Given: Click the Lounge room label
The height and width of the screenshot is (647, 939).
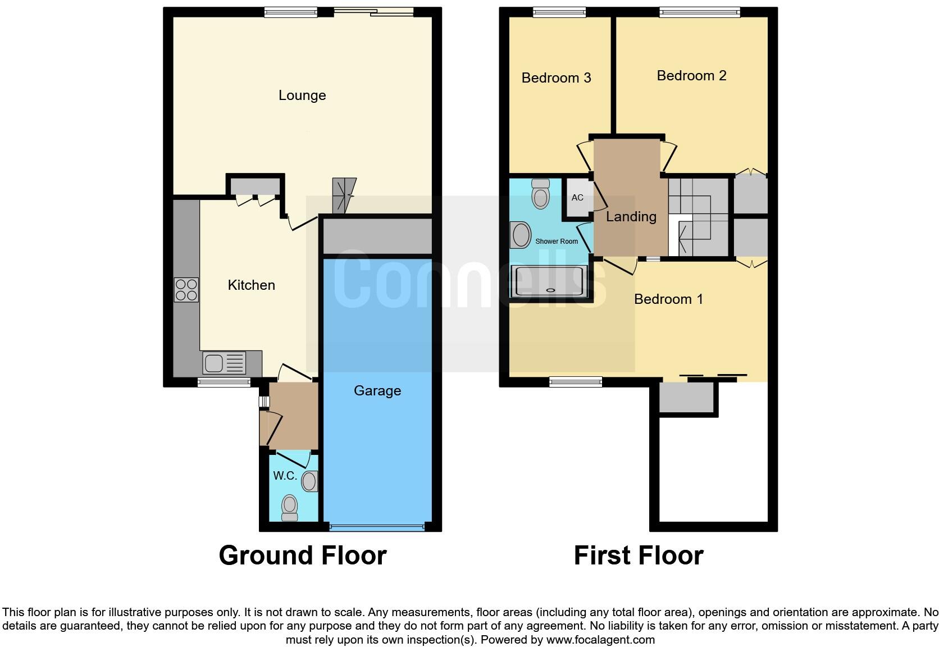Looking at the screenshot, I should (x=302, y=95).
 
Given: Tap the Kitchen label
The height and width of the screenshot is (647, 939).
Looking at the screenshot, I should (x=251, y=285).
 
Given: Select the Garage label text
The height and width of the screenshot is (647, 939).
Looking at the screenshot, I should (x=377, y=391).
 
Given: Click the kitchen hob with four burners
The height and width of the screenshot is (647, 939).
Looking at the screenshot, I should (x=186, y=290).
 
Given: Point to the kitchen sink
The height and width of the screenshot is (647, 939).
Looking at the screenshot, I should (x=224, y=363).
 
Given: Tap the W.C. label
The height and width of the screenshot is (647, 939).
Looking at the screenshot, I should (x=285, y=476).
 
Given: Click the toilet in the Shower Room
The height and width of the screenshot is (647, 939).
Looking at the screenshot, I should (x=540, y=194).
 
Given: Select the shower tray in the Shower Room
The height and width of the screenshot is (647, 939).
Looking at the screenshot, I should (x=549, y=281).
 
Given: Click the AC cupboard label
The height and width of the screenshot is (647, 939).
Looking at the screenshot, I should (x=577, y=198).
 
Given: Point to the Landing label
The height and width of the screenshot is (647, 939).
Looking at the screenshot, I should (x=631, y=217).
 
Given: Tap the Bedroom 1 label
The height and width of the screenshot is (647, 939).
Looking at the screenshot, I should (x=668, y=299).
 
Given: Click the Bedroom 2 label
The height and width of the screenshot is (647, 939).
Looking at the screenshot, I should (x=691, y=76).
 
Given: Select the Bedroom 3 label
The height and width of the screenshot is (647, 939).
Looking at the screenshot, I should (x=556, y=78).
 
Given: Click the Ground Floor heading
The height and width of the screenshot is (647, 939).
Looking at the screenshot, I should (x=302, y=555).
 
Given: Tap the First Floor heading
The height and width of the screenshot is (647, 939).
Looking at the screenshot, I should (x=638, y=555).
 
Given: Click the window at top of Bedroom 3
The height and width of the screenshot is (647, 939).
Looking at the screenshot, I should (x=559, y=12).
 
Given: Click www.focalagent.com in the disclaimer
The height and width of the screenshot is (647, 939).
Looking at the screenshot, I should (x=600, y=640).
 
